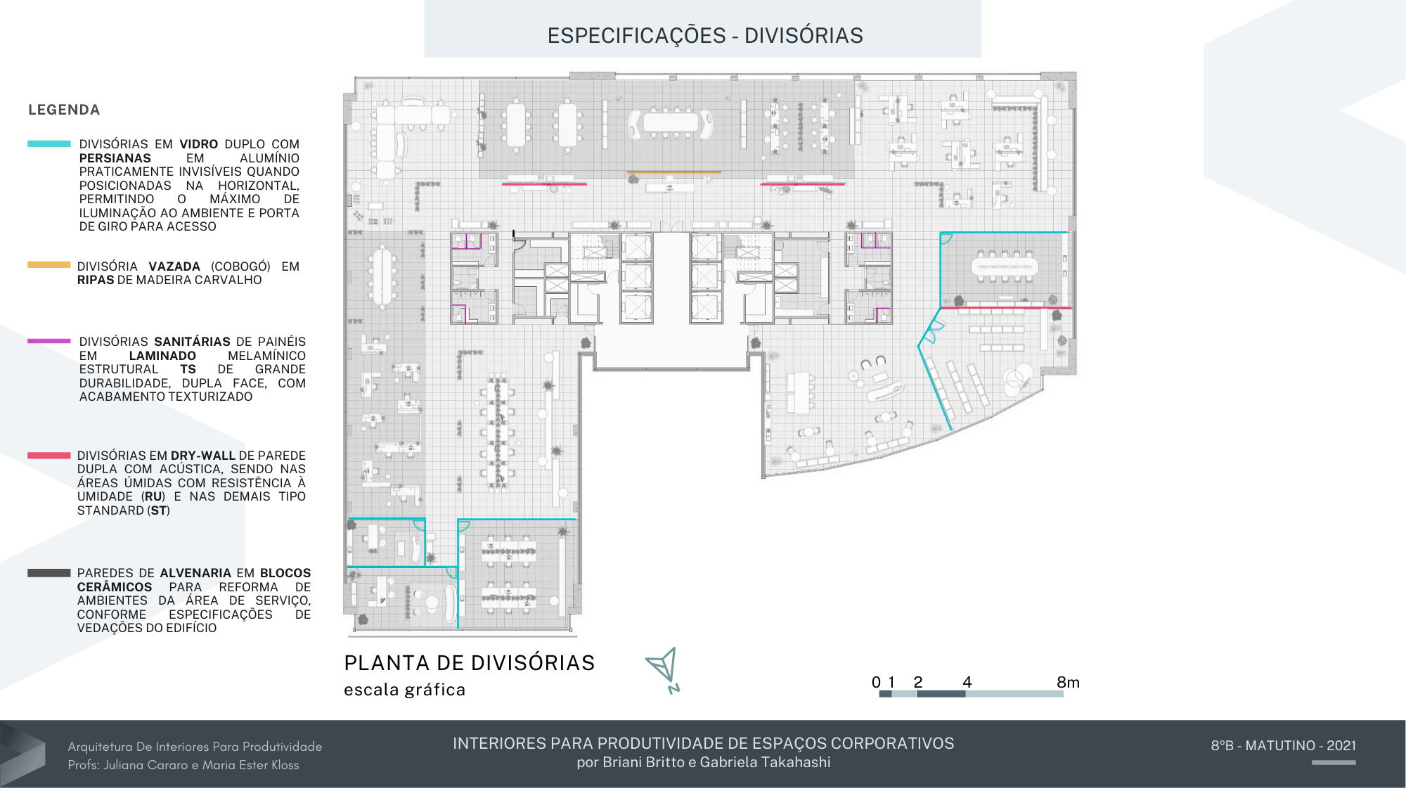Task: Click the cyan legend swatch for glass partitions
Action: tap(49, 143)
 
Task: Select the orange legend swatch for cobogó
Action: tap(49, 265)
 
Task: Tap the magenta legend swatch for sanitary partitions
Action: tap(49, 341)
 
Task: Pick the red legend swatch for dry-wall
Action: tap(49, 456)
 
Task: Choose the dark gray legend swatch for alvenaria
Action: tap(49, 573)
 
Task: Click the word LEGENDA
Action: tap(64, 110)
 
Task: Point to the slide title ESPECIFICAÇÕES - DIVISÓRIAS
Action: tap(705, 35)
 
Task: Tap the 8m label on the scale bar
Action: tap(1067, 682)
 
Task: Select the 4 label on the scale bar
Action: tap(967, 682)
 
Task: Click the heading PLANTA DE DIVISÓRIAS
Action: tap(469, 662)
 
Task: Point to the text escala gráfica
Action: tap(404, 690)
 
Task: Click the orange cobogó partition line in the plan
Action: tap(673, 172)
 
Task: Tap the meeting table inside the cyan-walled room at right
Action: tap(1004, 266)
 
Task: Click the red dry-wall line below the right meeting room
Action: tap(1005, 308)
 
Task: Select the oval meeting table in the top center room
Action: tap(671, 122)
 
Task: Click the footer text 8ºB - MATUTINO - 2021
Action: tap(1283, 745)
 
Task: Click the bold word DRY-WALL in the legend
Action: tap(202, 456)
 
